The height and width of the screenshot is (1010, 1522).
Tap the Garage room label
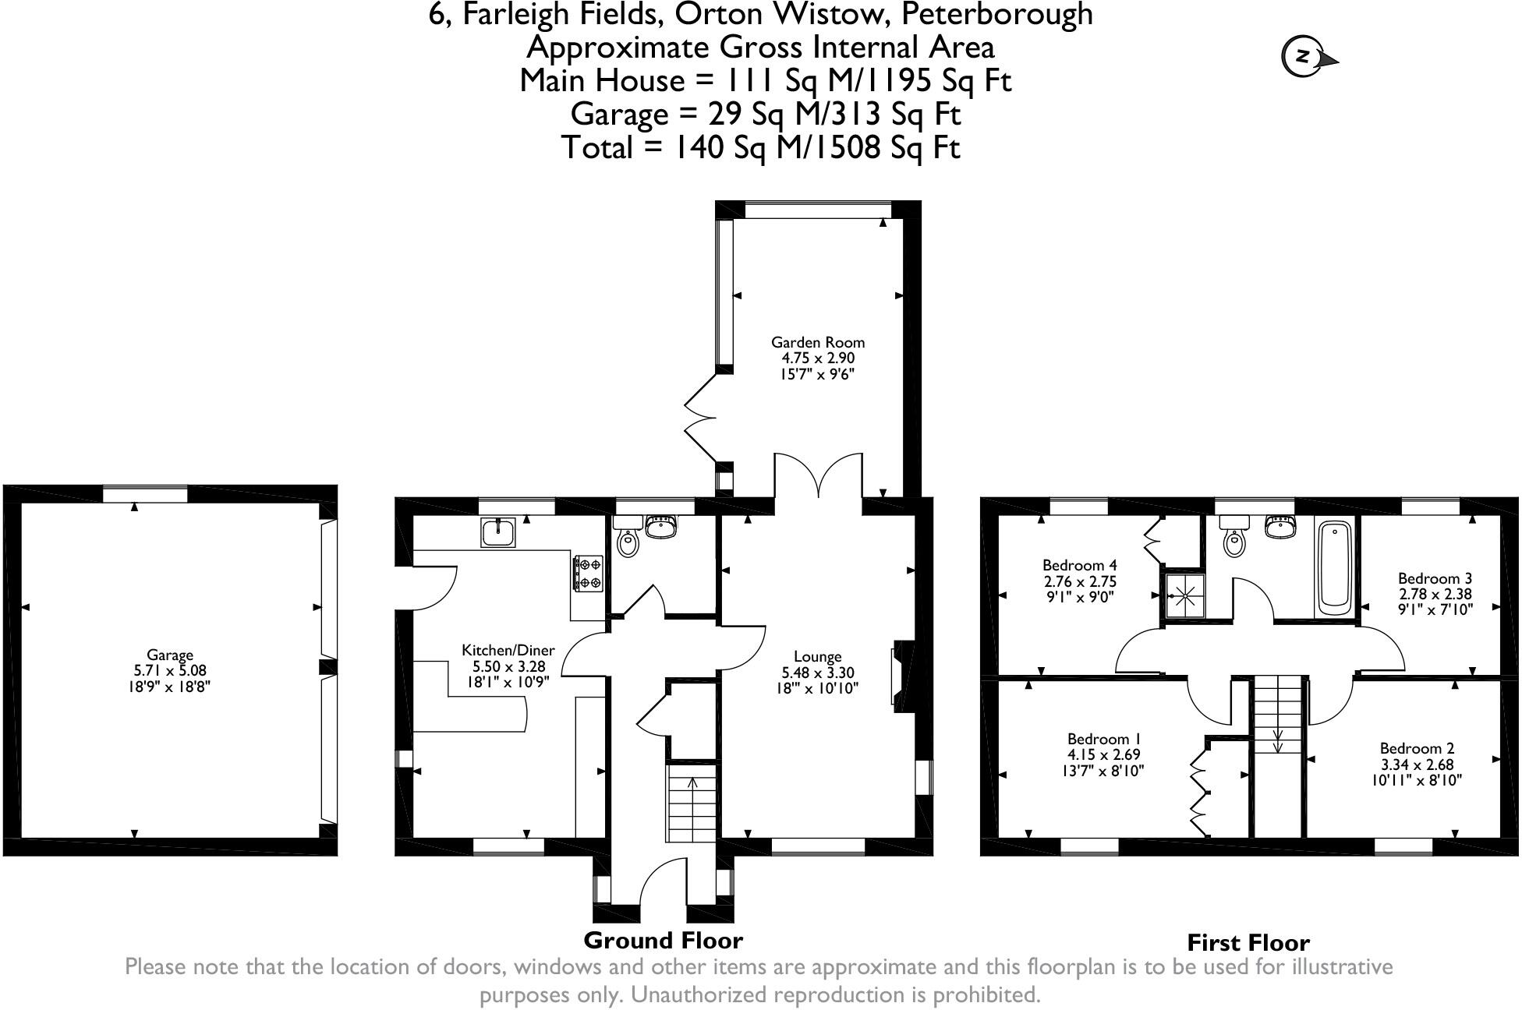click(169, 655)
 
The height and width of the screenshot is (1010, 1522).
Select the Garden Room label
click(818, 342)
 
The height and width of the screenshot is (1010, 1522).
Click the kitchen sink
click(498, 533)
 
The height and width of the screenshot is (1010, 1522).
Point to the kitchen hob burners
click(589, 573)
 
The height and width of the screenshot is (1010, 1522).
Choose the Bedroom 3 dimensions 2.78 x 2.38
click(1435, 594)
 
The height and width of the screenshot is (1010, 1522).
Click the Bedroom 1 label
click(1098, 738)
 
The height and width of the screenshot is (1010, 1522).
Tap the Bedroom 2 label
click(1417, 747)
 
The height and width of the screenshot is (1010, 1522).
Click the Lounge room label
click(818, 656)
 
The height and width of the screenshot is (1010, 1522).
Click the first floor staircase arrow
click(1278, 741)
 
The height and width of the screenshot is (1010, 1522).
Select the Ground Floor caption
click(663, 941)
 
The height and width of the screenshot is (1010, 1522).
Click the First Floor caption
click(1248, 943)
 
